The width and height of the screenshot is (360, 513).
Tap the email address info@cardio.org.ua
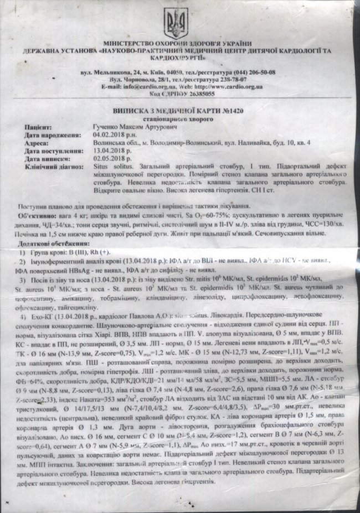click(143, 87)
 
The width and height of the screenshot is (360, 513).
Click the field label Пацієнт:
click(38, 127)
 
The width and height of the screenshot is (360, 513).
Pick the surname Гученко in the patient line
click(105, 127)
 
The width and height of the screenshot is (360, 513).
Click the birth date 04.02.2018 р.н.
click(112, 134)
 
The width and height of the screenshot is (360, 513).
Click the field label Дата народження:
click(49, 134)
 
